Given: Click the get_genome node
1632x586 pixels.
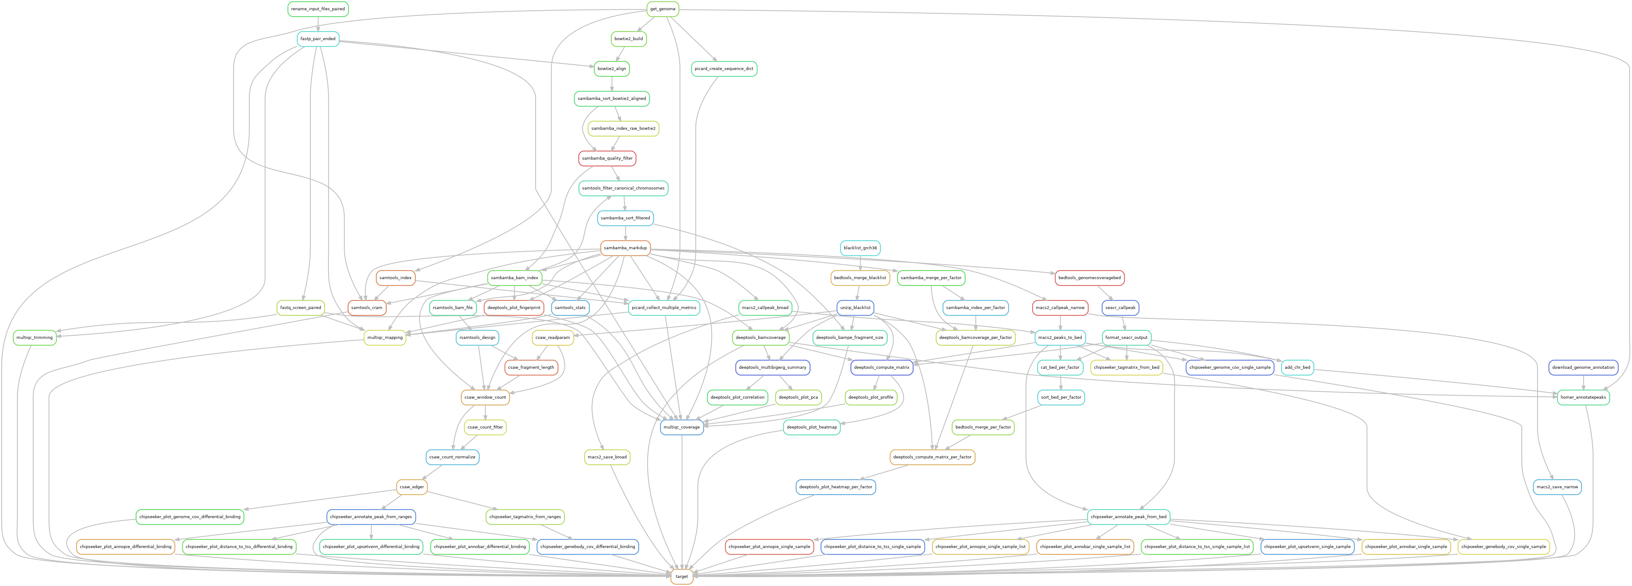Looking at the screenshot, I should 663,9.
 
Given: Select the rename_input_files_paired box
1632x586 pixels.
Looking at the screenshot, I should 318,9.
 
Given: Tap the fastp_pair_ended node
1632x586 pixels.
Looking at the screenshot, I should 318,39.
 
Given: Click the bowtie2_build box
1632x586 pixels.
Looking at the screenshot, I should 629,39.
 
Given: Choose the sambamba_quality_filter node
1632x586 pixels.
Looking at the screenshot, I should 607,158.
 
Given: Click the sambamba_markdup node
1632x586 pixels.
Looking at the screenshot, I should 625,248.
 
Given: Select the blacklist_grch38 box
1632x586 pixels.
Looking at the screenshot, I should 860,248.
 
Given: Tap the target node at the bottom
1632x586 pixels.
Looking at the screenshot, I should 682,576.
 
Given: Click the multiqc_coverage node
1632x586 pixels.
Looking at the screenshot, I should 682,427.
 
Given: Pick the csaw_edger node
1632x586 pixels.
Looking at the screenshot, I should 412,486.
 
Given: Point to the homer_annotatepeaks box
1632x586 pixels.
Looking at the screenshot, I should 1583,397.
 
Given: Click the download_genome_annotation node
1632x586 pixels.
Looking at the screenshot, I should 1583,368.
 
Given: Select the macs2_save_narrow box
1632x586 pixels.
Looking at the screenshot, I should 1557,486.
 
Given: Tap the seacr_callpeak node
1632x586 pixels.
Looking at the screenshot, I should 1120,308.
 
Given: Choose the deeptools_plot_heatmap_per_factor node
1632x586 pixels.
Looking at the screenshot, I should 836,486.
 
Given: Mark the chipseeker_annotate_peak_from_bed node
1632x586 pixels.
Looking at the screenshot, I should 1128,517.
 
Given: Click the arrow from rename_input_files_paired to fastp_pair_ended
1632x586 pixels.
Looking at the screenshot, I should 318,24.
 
